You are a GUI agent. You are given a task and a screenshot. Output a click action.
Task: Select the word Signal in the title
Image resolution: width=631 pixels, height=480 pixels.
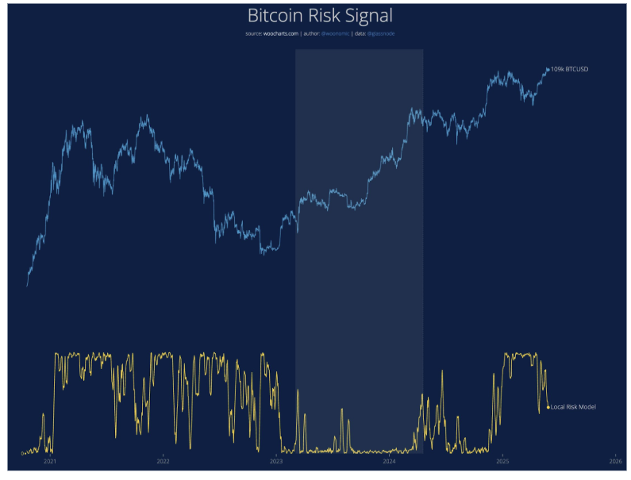tap(368, 15)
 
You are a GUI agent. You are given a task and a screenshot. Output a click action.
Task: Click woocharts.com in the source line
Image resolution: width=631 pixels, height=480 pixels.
tap(281, 34)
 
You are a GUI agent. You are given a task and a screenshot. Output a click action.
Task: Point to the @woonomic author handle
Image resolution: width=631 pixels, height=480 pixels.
tap(334, 34)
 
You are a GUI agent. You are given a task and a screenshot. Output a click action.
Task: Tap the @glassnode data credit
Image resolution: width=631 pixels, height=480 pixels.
tap(381, 34)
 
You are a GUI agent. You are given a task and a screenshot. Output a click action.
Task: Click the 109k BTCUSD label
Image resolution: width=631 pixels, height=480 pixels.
tap(570, 70)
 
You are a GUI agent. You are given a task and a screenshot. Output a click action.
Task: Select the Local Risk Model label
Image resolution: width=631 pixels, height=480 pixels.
tap(573, 407)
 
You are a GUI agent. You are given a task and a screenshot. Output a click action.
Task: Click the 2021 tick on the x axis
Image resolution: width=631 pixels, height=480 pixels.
tap(50, 461)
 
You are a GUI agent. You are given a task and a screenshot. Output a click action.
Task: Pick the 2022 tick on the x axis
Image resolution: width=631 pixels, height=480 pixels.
tap(163, 461)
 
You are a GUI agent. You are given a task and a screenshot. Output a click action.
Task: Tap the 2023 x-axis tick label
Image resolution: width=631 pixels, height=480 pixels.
tap(276, 461)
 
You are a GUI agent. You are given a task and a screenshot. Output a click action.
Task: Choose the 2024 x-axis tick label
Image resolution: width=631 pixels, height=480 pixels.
tap(389, 461)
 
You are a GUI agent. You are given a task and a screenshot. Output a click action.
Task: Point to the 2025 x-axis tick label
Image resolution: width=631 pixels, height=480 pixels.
tap(502, 461)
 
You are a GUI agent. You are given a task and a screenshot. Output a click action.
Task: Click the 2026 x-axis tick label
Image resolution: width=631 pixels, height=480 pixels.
tap(615, 461)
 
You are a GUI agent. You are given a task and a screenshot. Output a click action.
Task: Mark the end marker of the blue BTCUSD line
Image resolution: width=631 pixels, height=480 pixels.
tap(548, 70)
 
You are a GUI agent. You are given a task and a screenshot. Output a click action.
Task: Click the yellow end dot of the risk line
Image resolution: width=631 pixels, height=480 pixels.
tap(548, 407)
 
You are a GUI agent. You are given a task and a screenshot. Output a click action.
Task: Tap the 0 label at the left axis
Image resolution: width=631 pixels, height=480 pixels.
tap(22, 454)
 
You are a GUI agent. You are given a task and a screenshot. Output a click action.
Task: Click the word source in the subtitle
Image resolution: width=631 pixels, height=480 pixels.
tap(254, 34)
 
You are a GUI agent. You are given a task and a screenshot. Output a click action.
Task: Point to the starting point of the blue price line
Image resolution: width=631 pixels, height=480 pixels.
tap(27, 286)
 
